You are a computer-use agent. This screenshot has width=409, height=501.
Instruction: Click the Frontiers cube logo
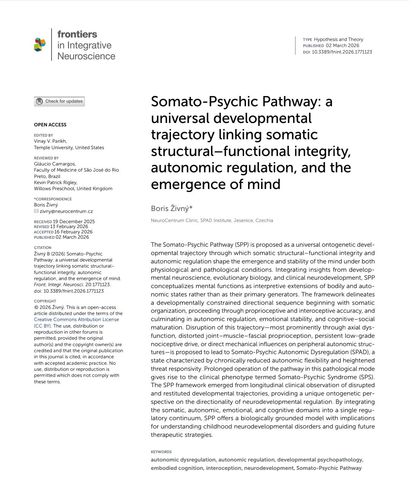(40, 44)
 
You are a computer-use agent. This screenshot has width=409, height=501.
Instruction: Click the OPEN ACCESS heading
(50, 125)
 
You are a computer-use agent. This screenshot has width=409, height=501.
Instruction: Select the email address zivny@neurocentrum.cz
(66, 211)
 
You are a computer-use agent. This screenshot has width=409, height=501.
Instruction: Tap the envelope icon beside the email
(36, 211)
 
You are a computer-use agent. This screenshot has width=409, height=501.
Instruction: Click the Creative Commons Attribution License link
(76, 320)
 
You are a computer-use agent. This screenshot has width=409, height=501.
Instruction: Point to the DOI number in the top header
(342, 52)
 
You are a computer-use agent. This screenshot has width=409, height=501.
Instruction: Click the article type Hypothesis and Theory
(338, 39)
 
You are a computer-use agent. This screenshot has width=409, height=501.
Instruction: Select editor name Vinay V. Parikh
(50, 141)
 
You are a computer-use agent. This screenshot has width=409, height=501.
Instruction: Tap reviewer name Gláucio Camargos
(55, 164)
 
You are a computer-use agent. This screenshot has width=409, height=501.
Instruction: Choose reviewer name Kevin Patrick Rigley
(55, 183)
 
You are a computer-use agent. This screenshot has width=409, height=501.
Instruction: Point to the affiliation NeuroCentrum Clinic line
(212, 221)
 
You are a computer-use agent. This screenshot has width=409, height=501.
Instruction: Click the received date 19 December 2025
(74, 222)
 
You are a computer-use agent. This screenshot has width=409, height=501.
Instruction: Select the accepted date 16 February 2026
(73, 232)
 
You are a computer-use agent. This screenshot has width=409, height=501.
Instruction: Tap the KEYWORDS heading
(161, 452)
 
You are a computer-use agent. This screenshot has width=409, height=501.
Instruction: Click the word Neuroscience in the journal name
(86, 56)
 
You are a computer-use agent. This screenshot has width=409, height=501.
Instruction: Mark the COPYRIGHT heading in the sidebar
(45, 301)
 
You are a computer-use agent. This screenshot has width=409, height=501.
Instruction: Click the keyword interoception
(223, 468)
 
